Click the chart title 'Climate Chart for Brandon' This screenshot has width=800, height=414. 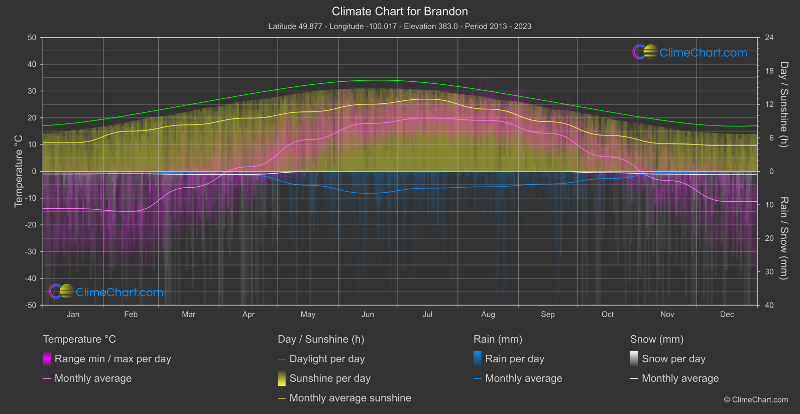[x=400, y=12]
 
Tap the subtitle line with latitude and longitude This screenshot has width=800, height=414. [x=400, y=26]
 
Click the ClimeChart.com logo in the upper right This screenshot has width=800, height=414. [x=690, y=52]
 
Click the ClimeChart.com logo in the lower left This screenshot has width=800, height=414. [x=106, y=292]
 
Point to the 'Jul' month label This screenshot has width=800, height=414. [x=427, y=314]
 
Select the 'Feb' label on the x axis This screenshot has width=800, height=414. [x=131, y=314]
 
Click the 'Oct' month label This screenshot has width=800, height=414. [x=608, y=314]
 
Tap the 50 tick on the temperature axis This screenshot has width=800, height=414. [x=32, y=38]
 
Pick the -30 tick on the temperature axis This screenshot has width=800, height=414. [x=31, y=251]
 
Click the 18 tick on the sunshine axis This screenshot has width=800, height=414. [x=769, y=71]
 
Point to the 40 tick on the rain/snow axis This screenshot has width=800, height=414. [x=769, y=305]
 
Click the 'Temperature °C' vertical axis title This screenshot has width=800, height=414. [x=19, y=171]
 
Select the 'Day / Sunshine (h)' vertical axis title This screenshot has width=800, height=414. [x=783, y=104]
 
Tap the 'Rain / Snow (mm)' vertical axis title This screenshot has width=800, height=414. [x=783, y=238]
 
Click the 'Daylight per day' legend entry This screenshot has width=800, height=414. [x=327, y=359]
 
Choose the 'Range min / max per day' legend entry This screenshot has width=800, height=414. [x=112, y=359]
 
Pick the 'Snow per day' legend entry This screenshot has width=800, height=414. [x=673, y=359]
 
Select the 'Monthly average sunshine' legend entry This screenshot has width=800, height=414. [x=350, y=398]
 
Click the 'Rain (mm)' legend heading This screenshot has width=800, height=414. [x=498, y=339]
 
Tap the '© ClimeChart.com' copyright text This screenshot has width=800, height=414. [x=756, y=399]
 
